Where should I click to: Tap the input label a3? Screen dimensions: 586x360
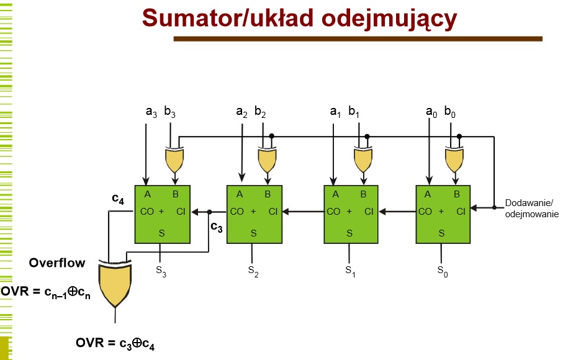coord(151,112)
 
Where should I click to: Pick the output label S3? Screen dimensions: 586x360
coord(161,271)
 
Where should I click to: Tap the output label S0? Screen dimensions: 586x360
coord(443,271)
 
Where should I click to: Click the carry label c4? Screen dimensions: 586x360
coord(118,199)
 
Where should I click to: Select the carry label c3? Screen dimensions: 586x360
coord(217,227)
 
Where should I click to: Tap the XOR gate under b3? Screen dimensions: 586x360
coord(174,160)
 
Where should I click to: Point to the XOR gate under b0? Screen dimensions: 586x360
coord(454,160)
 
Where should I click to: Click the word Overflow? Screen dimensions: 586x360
coord(57,263)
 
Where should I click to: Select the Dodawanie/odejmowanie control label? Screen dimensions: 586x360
coord(532,209)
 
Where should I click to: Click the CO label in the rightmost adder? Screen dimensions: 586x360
coord(425,212)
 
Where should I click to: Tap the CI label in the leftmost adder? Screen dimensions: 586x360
coord(181,212)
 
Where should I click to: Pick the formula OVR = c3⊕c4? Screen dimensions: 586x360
coord(115,343)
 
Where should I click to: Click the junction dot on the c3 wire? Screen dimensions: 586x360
coord(209,212)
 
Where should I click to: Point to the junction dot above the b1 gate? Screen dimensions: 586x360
coord(367,137)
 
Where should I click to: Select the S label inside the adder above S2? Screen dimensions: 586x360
coord(253,233)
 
